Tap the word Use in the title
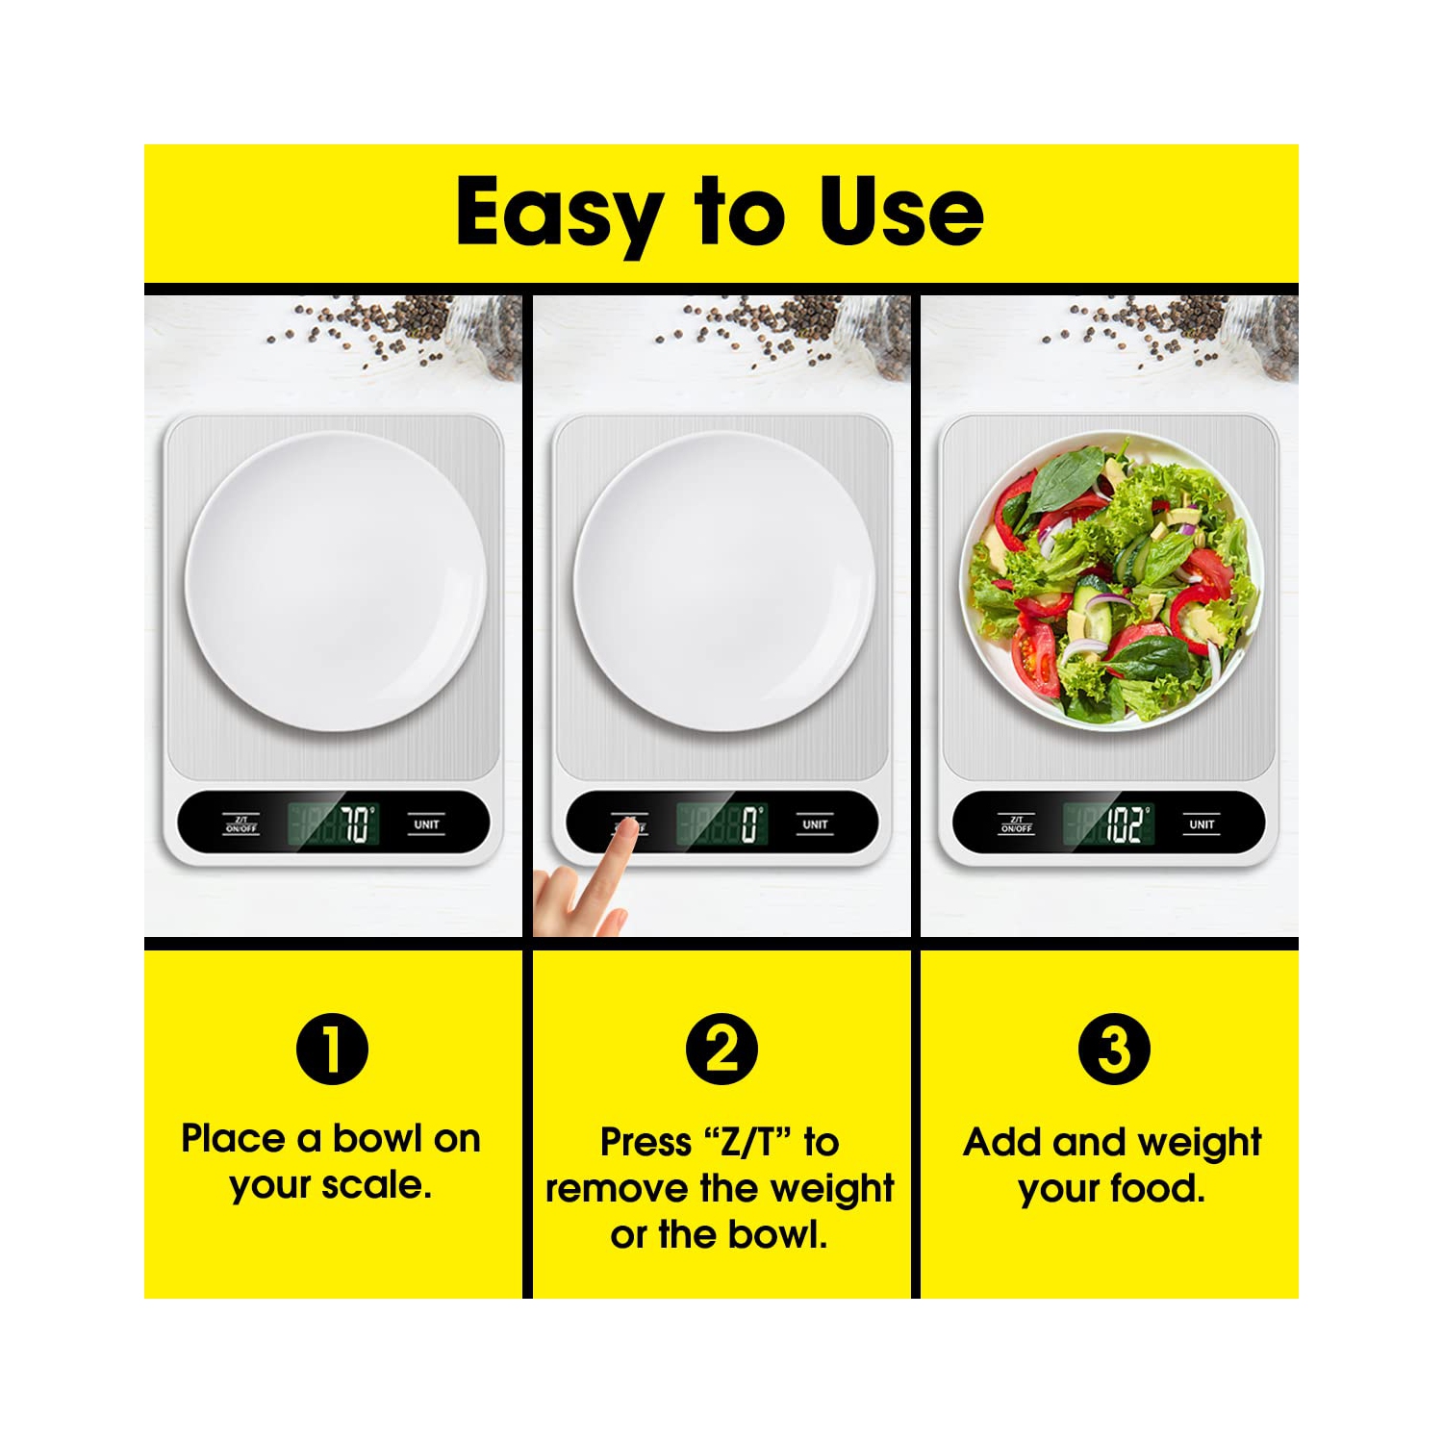[901, 211]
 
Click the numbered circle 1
[332, 1050]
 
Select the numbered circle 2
[721, 1050]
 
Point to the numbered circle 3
[1113, 1050]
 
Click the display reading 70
[333, 824]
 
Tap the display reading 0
[721, 824]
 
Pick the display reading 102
[1108, 824]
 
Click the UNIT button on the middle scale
[815, 825]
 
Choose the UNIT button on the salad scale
[1202, 825]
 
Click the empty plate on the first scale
[335, 582]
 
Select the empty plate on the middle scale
[723, 582]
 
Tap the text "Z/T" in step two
[749, 1143]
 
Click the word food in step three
[1159, 1189]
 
